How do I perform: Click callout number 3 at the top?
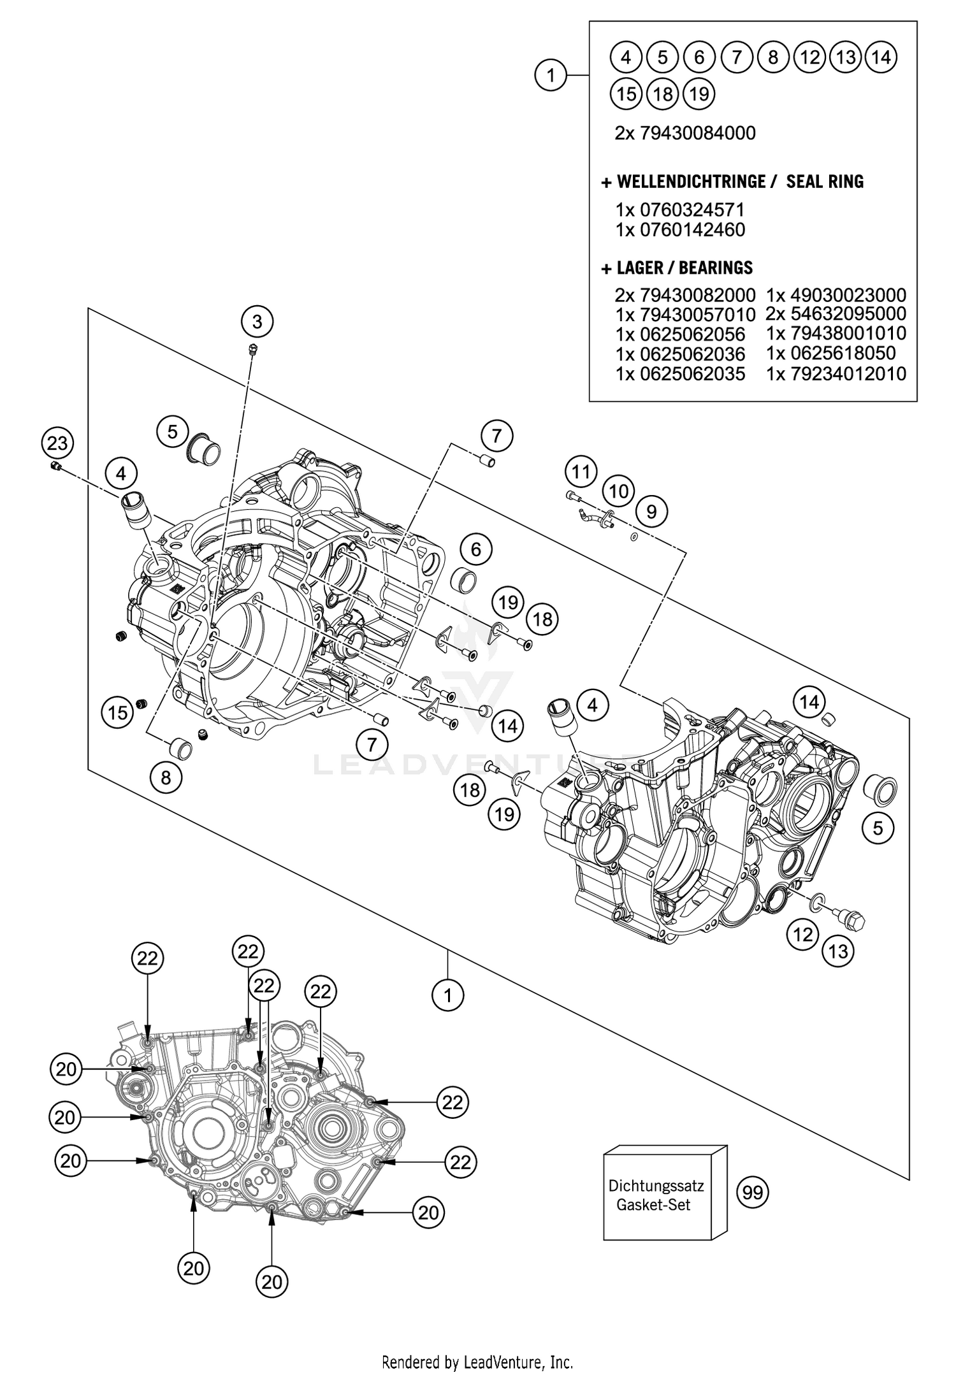click(257, 322)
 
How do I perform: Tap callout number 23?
click(57, 442)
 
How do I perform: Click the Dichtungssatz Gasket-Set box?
click(656, 1196)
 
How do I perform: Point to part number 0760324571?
click(680, 210)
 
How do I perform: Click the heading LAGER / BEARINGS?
click(677, 268)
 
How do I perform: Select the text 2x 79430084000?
click(685, 133)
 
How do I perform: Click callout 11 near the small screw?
click(580, 472)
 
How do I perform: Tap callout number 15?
click(117, 712)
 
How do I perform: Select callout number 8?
click(166, 778)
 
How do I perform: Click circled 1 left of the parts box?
click(551, 76)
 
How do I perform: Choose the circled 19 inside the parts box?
click(699, 94)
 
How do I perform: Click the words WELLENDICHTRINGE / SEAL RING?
click(732, 182)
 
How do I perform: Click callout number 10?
click(618, 491)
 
